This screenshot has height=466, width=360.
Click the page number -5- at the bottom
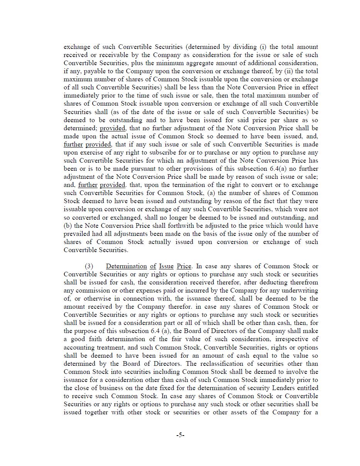tap(180, 435)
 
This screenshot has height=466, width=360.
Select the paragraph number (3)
tap(89, 266)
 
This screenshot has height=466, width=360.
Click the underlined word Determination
tap(126, 266)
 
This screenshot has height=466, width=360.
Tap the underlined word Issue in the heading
tap(166, 266)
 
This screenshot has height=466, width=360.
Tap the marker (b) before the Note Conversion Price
tap(68, 226)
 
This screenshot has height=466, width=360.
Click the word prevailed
tap(77, 234)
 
